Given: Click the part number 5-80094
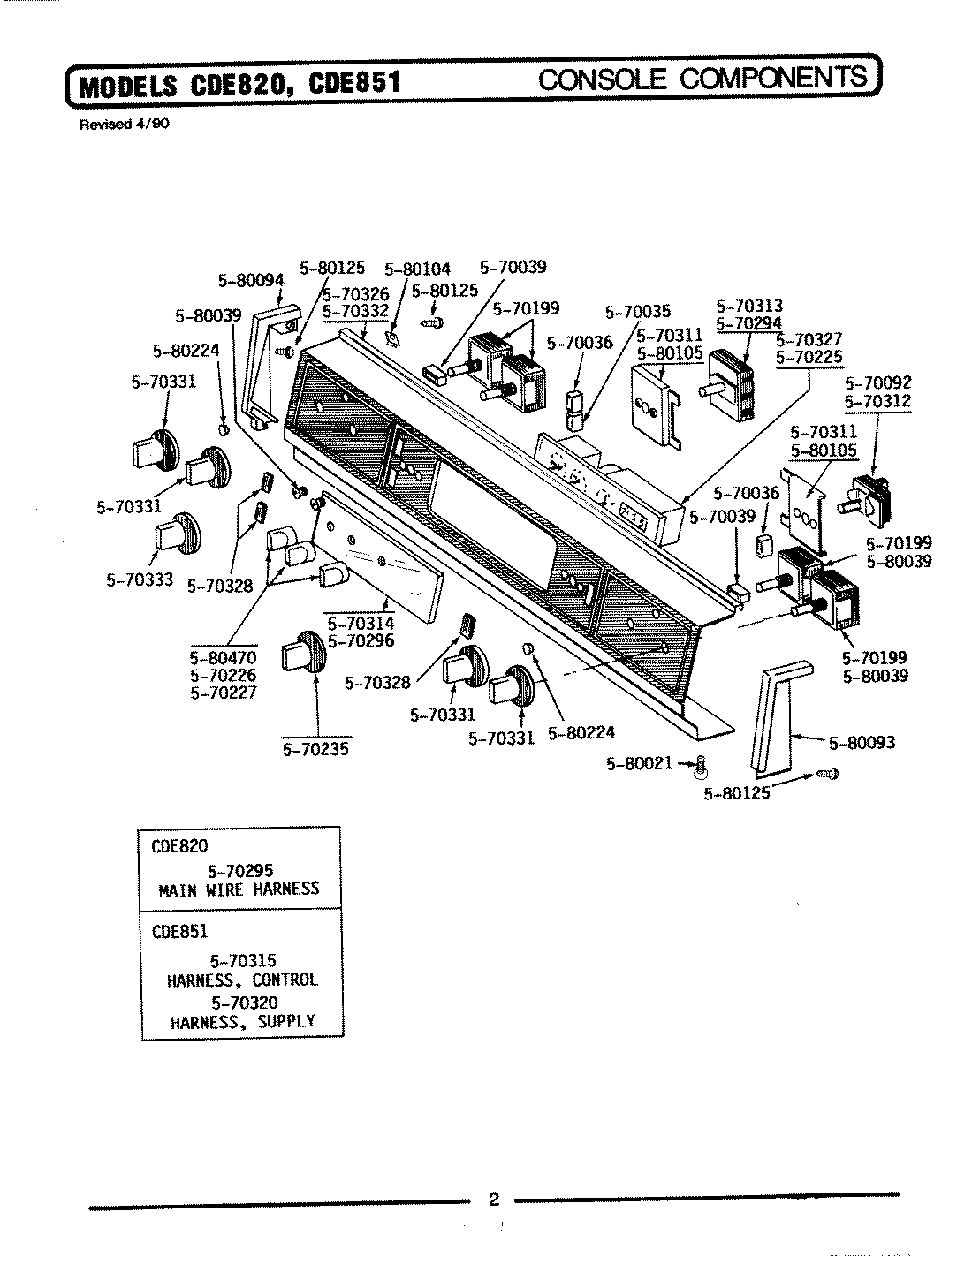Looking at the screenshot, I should click(x=251, y=281).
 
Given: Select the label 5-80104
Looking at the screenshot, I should click(x=418, y=269).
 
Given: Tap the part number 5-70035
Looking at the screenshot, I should click(x=638, y=311).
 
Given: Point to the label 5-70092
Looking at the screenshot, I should click(x=877, y=383).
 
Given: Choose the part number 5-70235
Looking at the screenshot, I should click(x=315, y=749).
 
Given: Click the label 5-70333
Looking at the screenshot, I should click(x=139, y=580).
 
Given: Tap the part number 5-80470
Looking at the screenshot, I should click(x=223, y=658).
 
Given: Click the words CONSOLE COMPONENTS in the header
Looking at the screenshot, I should click(x=702, y=79).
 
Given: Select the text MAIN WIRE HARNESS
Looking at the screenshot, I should click(x=239, y=890).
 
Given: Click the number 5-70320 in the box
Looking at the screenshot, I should click(x=244, y=1002).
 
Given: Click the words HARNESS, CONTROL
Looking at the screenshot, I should click(x=241, y=980).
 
